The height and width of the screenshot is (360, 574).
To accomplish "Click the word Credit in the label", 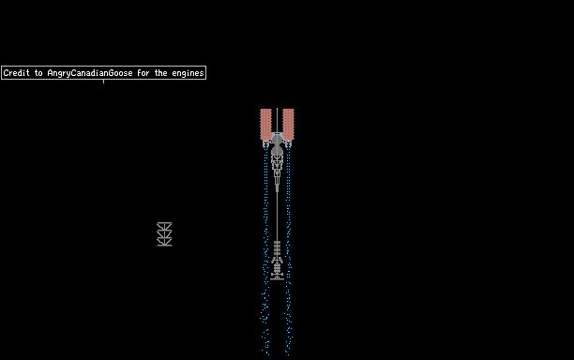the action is [x=17, y=73].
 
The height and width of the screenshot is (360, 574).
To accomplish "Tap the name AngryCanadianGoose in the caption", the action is [x=90, y=73].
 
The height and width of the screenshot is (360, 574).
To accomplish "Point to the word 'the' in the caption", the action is [x=160, y=73].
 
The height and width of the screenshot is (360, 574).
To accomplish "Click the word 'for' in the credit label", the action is [x=143, y=73].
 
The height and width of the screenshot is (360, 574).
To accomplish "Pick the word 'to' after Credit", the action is [x=38, y=73].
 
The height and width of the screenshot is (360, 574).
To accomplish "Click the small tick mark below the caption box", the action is [x=103, y=82].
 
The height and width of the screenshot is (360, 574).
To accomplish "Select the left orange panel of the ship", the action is [x=265, y=124].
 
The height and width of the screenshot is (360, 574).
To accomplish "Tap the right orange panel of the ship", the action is [x=289, y=124].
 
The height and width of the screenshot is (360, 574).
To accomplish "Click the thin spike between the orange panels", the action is [x=277, y=120].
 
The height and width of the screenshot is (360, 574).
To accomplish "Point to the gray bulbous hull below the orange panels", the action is [x=277, y=145].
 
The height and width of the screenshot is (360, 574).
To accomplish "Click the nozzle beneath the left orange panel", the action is [x=265, y=143].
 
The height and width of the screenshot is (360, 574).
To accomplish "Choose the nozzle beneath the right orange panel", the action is [x=289, y=143].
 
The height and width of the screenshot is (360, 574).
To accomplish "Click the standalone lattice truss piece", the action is [x=164, y=234].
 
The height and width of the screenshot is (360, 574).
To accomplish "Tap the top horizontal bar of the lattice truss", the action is [x=164, y=223].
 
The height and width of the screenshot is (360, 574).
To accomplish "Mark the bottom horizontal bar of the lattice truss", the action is [x=164, y=245].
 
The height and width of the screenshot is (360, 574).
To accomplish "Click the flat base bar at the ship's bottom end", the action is [x=277, y=279].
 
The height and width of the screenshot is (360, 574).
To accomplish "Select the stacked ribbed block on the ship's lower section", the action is [x=277, y=248].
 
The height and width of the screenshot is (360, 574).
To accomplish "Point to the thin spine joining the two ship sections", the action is [x=277, y=216].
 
